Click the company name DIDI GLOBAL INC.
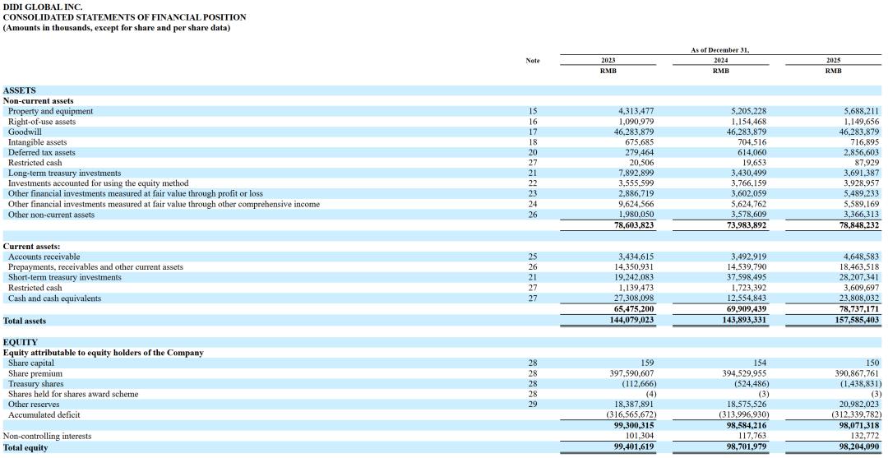(43, 7)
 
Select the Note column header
(533, 60)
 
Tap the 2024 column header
(720, 60)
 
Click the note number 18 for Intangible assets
(533, 142)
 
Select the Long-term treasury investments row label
(64, 173)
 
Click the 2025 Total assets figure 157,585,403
(856, 320)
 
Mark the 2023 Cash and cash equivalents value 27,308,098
(633, 298)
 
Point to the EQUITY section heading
(21, 342)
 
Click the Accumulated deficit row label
(44, 415)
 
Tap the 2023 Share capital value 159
(647, 363)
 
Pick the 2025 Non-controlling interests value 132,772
(863, 436)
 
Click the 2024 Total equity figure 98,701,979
(745, 447)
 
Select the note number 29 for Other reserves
(533, 405)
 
